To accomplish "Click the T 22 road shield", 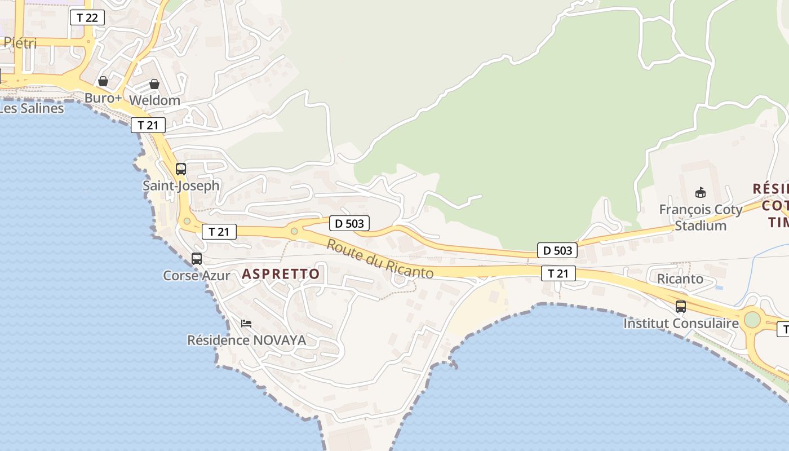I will point(87,17).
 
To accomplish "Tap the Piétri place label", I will point(20,43).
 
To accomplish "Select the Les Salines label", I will point(32,108).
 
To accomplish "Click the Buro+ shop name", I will point(103,98).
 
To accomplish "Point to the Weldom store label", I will point(154,100).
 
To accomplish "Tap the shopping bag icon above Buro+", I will point(103,81).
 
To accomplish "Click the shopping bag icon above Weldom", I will point(154,84).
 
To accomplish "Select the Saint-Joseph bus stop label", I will point(181,185).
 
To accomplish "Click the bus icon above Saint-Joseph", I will point(181,169).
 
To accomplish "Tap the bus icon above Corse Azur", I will point(197,259).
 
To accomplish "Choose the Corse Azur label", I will point(197,276).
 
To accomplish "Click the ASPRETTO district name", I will point(281,275).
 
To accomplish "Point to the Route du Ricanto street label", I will point(380,259).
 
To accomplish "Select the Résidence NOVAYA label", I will point(247,341).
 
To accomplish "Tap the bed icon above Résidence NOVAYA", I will point(246,324).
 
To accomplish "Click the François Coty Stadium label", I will point(701,218).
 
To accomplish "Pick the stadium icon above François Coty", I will point(701,193).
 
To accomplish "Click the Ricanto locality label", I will point(680,278).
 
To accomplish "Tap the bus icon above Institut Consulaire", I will point(681,307).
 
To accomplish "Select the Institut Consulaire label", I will point(681,324).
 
